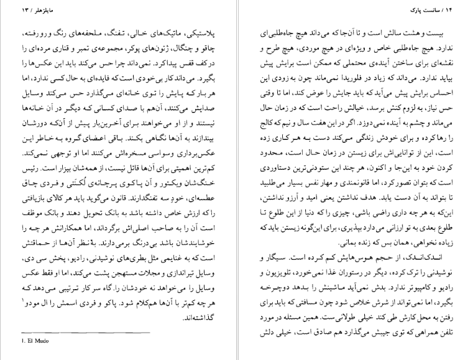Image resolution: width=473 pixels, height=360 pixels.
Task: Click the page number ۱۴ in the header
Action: point(255,11)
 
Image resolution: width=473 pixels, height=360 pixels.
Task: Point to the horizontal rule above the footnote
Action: point(57,334)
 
